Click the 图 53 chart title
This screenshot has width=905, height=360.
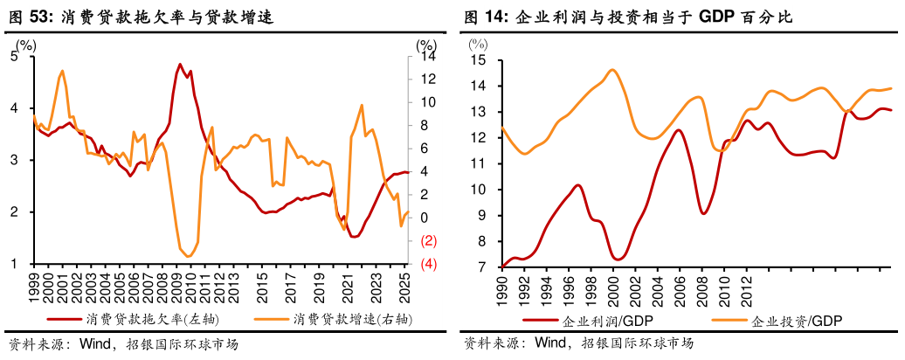tap(141, 17)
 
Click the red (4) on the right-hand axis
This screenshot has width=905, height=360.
tap(429, 264)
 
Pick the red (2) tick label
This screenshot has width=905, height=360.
tap(429, 240)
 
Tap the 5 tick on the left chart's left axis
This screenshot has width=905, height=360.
tap(14, 56)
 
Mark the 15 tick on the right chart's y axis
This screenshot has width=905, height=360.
tap(479, 60)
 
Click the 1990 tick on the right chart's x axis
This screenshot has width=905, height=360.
tap(501, 290)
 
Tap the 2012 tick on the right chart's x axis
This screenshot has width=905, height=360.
tap(747, 290)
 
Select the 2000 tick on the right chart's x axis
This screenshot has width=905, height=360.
tap(613, 290)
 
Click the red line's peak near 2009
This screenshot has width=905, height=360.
tap(180, 64)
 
